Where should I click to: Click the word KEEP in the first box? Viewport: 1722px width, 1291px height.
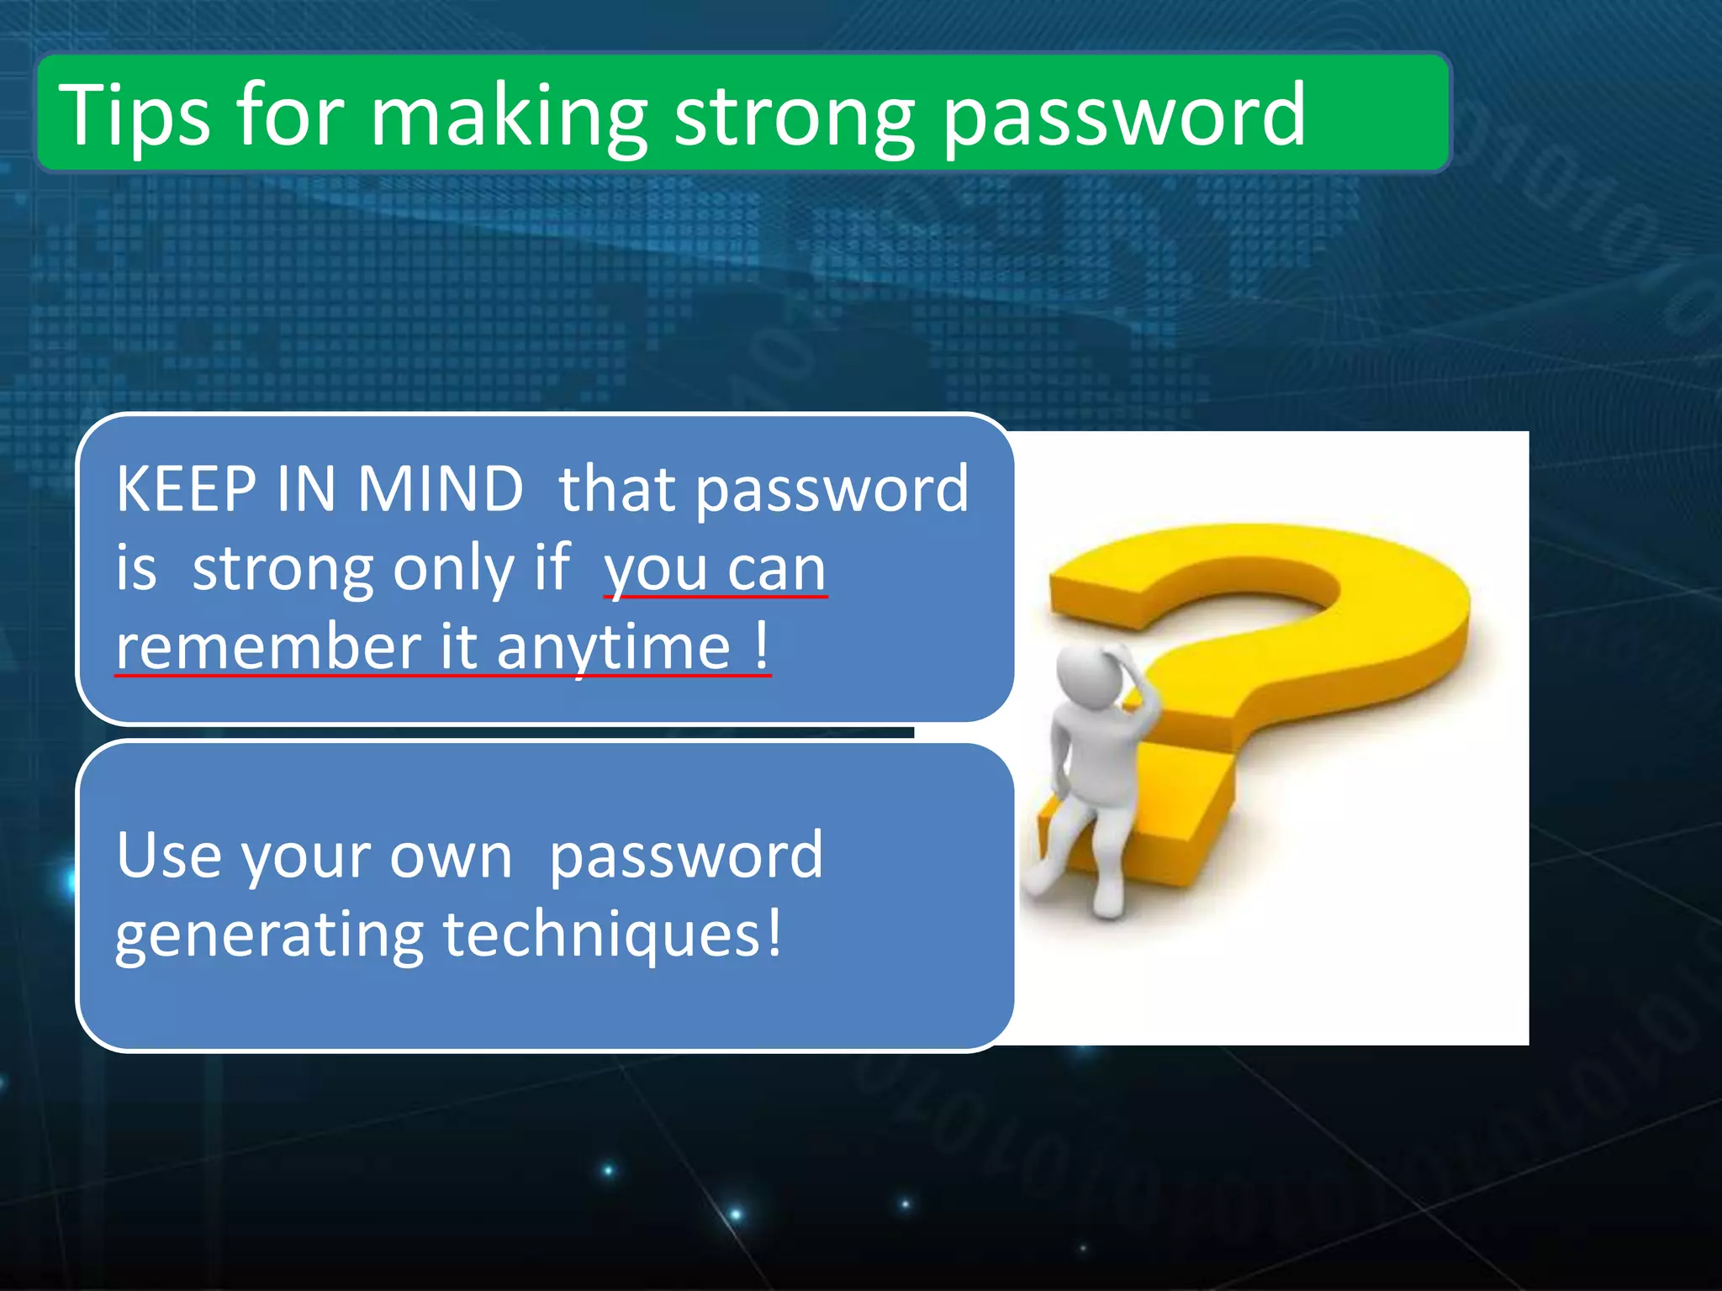coord(186,489)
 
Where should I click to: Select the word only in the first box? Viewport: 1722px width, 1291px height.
coord(454,570)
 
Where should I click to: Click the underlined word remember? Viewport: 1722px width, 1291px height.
coord(268,647)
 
